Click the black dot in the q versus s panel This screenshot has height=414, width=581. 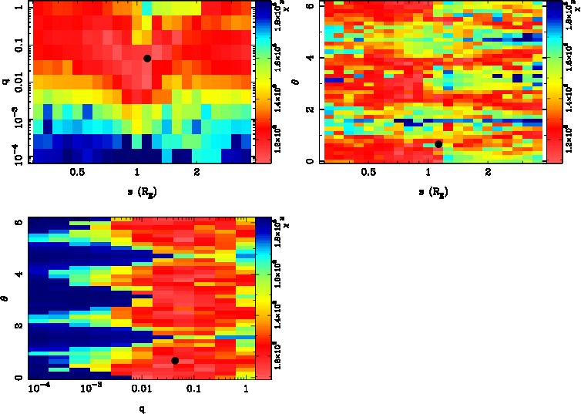(x=147, y=58)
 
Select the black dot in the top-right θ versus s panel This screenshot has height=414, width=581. (x=438, y=144)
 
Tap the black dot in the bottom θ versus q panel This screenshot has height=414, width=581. (x=175, y=361)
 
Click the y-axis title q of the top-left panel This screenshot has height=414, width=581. (x=6, y=78)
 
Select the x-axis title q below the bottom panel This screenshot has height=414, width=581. (x=141, y=409)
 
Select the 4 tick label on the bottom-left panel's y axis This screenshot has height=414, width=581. (x=19, y=274)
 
